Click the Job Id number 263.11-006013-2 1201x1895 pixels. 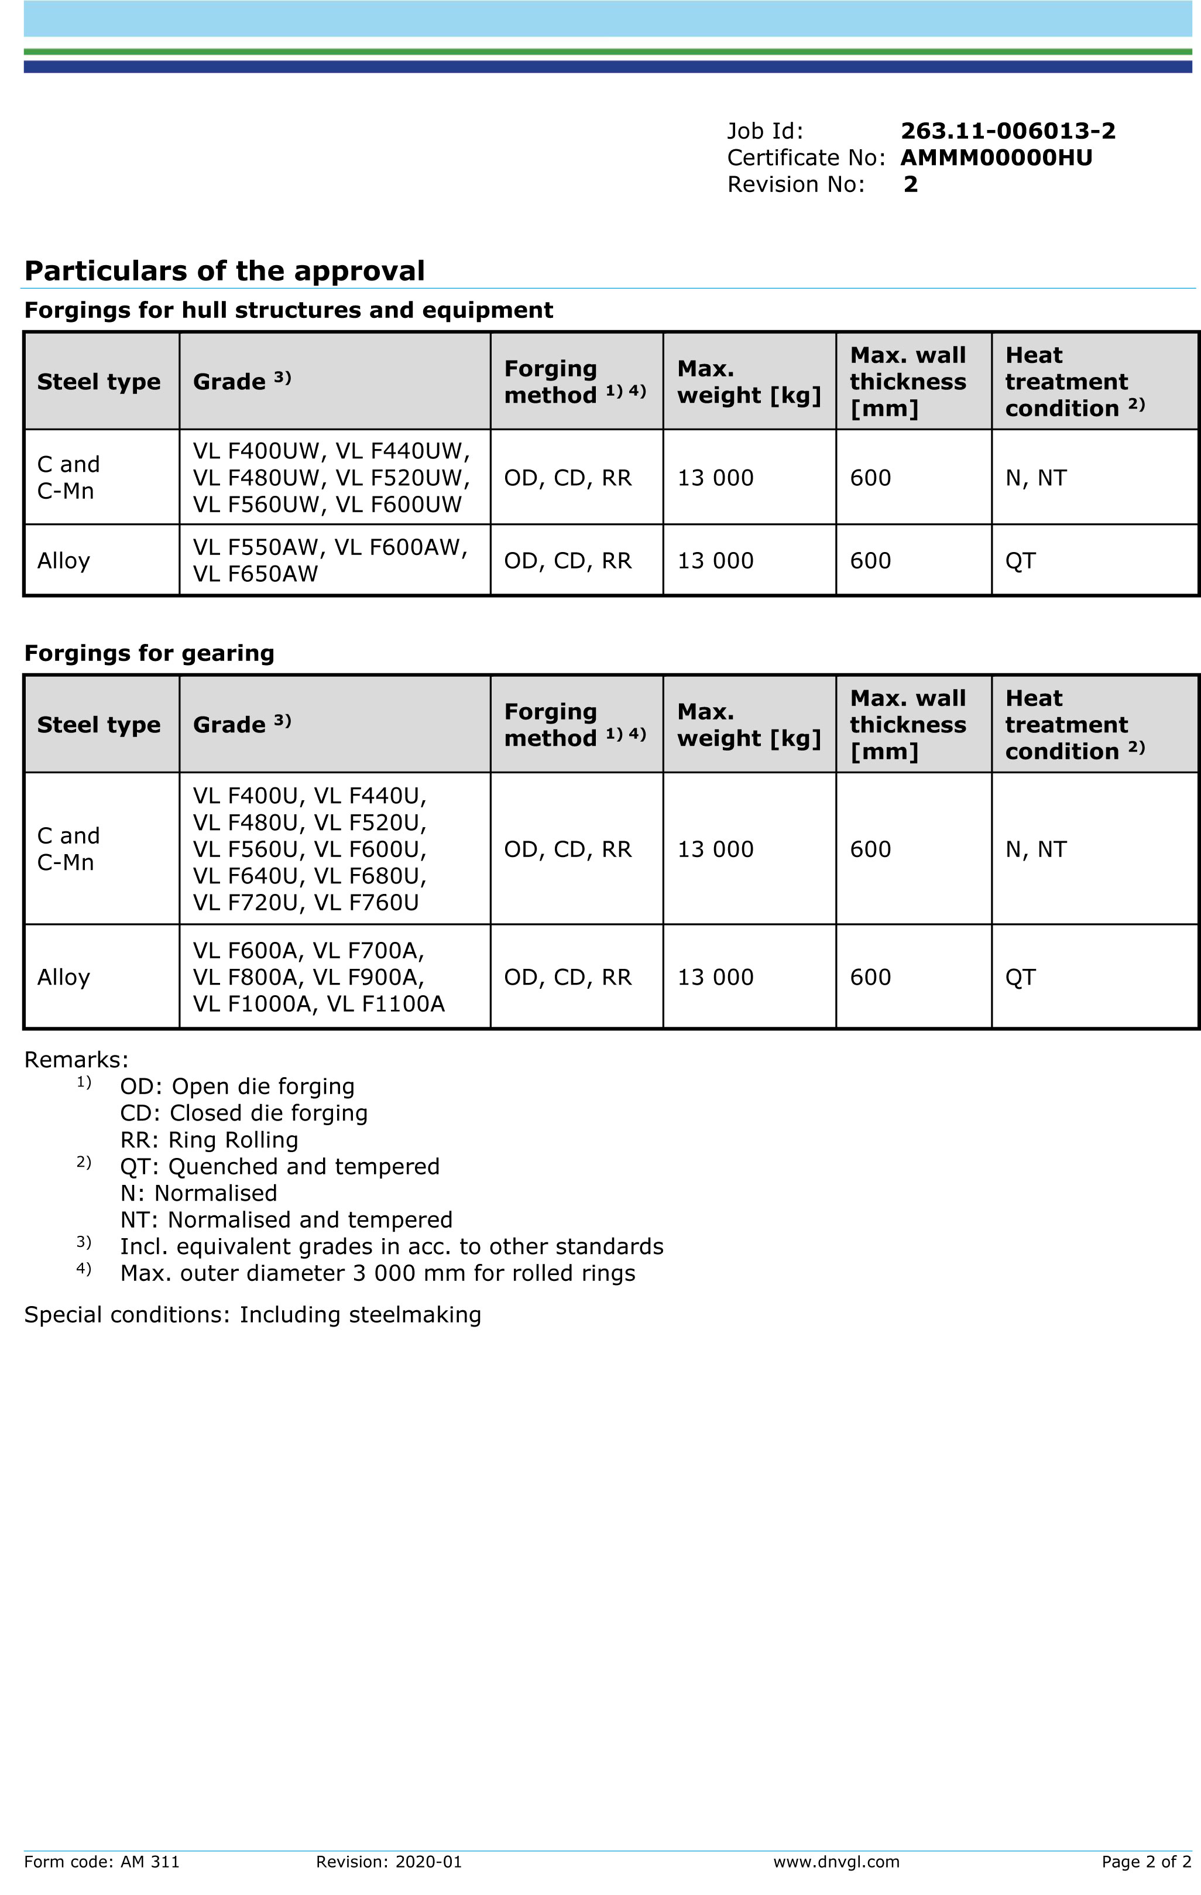[1007, 131]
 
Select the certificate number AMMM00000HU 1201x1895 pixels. [996, 157]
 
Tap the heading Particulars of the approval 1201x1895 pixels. [224, 270]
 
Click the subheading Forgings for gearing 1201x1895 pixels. [149, 653]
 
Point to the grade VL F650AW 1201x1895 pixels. [255, 574]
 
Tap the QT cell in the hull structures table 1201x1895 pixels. [1020, 560]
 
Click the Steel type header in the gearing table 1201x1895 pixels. [98, 724]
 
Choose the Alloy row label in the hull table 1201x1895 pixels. [64, 560]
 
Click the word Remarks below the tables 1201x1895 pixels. [76, 1059]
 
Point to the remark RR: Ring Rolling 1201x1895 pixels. [208, 1140]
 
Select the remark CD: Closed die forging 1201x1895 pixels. [243, 1113]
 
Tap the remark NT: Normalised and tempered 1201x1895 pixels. [286, 1220]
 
